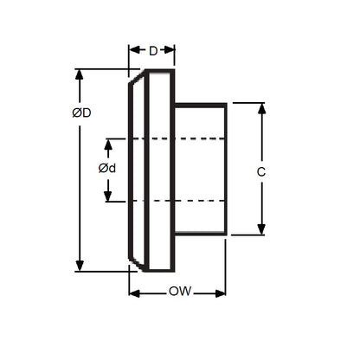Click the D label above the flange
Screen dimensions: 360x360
click(x=153, y=50)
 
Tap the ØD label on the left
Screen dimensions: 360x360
click(x=82, y=113)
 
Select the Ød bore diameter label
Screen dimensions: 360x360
click(x=107, y=168)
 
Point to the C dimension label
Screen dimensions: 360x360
click(x=260, y=172)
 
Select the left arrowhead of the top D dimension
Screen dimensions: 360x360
click(x=133, y=50)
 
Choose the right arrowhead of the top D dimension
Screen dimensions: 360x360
click(x=170, y=50)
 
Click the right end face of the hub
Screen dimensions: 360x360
click(x=227, y=169)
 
